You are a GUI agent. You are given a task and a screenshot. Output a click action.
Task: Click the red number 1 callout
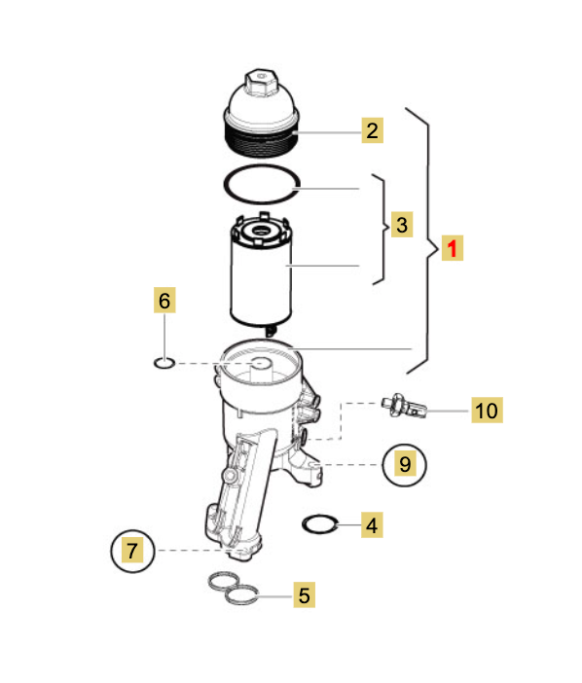coord(453,248)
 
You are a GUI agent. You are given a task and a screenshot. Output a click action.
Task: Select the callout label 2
coord(373,130)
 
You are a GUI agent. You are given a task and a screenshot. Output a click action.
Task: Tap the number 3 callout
coord(402,225)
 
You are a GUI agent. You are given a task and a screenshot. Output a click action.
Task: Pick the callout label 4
coord(372,524)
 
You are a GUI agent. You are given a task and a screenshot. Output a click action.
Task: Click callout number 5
coord(304,594)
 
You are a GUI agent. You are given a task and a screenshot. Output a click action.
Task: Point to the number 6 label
coord(164,300)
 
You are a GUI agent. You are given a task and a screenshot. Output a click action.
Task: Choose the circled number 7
coord(133,551)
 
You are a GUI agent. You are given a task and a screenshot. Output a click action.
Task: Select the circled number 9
coord(405,465)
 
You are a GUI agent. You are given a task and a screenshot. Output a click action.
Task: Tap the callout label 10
coord(487,410)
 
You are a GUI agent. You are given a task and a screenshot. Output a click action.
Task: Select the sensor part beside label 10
coord(404,406)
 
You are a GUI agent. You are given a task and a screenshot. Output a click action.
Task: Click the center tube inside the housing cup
coord(261,371)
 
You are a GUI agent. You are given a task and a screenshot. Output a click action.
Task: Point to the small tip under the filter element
coord(271,331)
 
